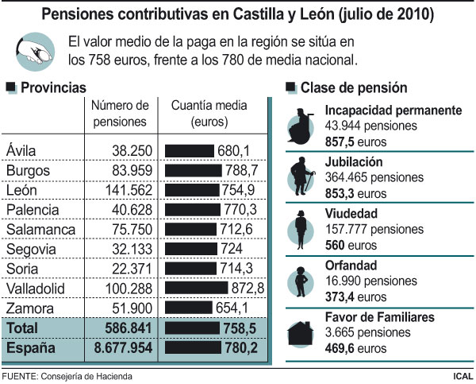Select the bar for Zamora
pyautogui.click(x=188, y=307)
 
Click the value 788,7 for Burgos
pyautogui.click(x=240, y=170)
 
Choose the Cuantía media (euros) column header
pyautogui.click(x=209, y=114)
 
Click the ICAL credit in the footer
pyautogui.click(x=459, y=375)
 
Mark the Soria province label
pyautogui.click(x=21, y=268)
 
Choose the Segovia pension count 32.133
pyautogui.click(x=130, y=248)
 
